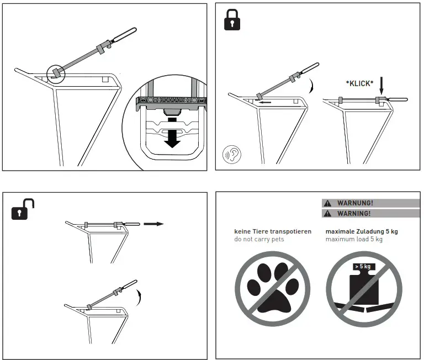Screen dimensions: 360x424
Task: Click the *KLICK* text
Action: [359, 83]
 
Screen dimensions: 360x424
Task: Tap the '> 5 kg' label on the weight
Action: [362, 267]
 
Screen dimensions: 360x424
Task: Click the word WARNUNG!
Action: [355, 203]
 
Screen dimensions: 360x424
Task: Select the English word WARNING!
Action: [354, 213]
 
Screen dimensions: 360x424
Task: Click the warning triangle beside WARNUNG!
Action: [328, 203]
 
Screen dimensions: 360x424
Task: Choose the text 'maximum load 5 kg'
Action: [354, 240]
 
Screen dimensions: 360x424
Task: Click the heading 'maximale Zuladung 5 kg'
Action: [362, 231]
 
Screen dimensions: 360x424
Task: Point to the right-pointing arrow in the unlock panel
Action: [153, 224]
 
